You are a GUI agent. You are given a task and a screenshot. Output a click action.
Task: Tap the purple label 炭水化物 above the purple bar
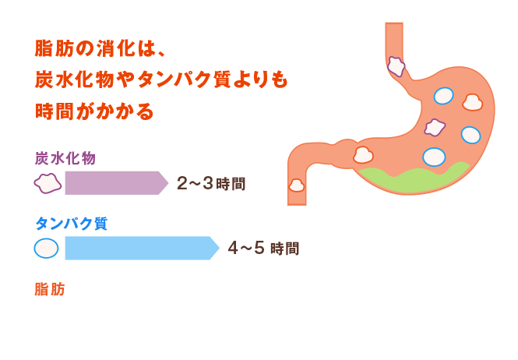65,157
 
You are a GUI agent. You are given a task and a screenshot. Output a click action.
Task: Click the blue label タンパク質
71,223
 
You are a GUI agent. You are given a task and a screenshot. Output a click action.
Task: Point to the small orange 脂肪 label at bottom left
49,289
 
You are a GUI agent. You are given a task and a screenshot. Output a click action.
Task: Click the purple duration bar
115,183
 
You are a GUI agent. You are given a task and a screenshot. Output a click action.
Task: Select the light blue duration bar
140,248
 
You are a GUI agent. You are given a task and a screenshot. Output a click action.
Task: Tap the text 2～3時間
211,184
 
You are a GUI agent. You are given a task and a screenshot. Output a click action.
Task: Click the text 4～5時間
263,249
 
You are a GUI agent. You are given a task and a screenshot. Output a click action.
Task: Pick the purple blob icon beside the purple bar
47,183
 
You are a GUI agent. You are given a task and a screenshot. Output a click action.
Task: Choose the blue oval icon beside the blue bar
46,248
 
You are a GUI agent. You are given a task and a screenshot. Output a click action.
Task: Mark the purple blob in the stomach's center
434,126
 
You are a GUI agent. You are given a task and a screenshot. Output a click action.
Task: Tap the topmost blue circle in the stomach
442,95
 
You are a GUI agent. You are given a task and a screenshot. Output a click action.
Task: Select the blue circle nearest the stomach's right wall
470,135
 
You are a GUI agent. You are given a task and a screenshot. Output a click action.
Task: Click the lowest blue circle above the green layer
434,157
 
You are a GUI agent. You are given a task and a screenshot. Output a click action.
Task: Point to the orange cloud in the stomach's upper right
472,101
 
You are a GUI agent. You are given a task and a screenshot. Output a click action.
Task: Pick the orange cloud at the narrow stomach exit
363,155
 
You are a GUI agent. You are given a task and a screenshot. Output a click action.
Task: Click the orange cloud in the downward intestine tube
296,185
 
